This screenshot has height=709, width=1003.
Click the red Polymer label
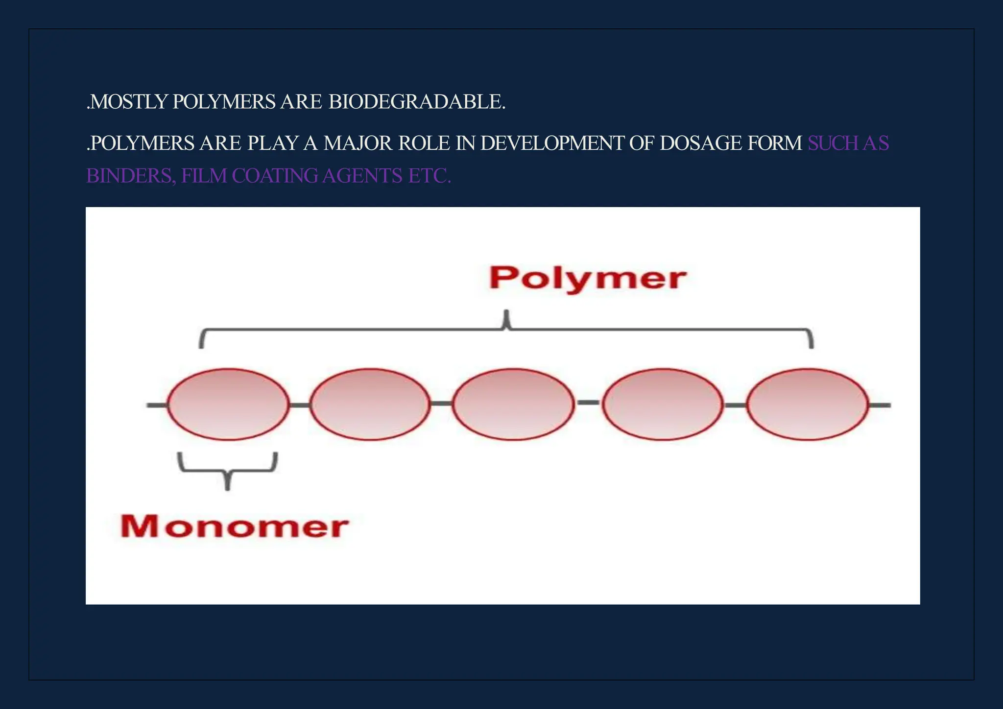coord(588,278)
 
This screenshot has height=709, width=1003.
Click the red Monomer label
coord(234,526)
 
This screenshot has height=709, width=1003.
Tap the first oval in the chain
coord(228,404)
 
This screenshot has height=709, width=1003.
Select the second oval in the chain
coord(370,404)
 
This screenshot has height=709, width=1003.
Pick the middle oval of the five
coord(513,404)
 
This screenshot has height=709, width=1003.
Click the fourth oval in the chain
coord(663,404)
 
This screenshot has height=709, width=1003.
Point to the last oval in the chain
coord(808,404)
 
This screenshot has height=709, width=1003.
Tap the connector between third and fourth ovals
coord(588,402)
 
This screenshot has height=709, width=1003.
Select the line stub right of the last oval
coord(880,405)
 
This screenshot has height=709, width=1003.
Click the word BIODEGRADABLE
coord(417,102)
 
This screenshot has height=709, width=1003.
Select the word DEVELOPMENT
coord(552,143)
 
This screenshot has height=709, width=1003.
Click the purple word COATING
coord(275,176)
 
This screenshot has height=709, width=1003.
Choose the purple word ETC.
coord(429,176)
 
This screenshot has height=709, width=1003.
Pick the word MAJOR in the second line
coord(358,143)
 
